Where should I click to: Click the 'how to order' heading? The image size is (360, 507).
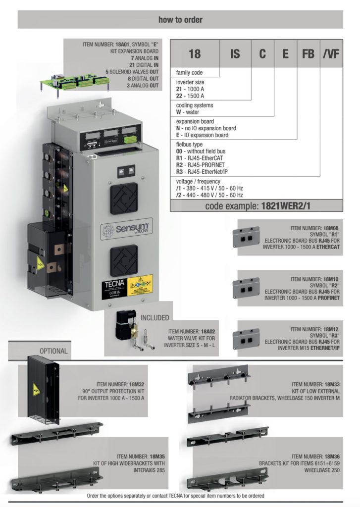coord(180,20)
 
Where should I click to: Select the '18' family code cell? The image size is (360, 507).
coord(195,53)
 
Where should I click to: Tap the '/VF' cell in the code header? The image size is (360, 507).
coord(331,53)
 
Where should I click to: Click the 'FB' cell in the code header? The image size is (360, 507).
coord(308,53)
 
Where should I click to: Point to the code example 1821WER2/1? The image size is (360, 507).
coord(258,206)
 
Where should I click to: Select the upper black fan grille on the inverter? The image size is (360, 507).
coord(124,198)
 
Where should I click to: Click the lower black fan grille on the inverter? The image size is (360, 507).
coord(124,260)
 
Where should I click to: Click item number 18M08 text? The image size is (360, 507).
coord(315,228)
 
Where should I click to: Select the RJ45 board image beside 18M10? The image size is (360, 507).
coord(246,287)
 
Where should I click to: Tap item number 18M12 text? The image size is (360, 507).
coord(315,329)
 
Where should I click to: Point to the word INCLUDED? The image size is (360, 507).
coord(154,317)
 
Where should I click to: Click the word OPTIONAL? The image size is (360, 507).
coord(53,351)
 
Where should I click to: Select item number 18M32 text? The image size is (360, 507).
coord(120,384)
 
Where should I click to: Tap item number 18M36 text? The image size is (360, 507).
coord(316,456)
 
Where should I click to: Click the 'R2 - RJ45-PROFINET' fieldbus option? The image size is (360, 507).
coord(200,165)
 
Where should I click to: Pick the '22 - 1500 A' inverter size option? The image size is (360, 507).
coord(190,96)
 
